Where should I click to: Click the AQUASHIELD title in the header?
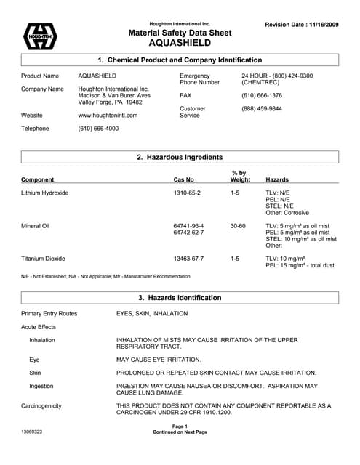coord(180,43)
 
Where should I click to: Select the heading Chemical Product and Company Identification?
coord(180,60)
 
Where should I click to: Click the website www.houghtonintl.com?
coord(108,115)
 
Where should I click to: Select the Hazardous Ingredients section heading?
coord(180,157)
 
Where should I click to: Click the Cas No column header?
coord(183,179)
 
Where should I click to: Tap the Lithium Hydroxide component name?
coord(44,193)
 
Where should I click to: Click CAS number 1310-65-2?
coord(187,193)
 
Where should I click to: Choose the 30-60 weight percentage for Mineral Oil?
coord(238,226)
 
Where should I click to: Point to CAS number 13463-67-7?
coord(188,258)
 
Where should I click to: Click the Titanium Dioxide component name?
coord(43,258)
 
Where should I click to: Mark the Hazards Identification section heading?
coord(180,298)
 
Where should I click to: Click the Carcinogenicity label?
coord(41,406)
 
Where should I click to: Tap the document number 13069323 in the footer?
coord(32,432)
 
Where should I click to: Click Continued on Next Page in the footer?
coord(180,432)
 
